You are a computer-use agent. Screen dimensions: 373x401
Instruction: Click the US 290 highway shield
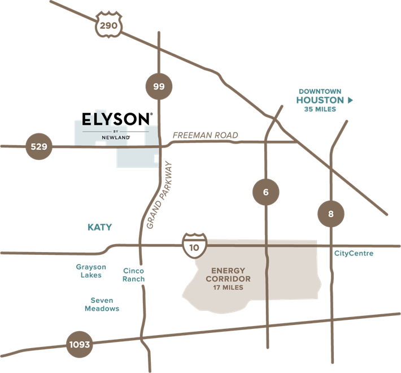point(107,25)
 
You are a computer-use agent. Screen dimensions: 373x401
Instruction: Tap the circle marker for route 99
point(159,86)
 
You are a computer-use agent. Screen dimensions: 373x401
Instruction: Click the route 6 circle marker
point(266,192)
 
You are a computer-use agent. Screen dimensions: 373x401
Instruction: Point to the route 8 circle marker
point(331,214)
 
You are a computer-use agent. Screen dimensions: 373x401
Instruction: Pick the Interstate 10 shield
point(194,244)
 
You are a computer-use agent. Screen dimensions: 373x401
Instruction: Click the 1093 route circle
point(79,344)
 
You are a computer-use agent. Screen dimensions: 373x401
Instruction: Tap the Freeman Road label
point(205,136)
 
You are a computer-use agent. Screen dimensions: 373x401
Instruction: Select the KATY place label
point(99,227)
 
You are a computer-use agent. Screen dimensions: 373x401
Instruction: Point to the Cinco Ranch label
point(134,275)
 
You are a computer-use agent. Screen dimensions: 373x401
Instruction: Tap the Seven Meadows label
point(102,305)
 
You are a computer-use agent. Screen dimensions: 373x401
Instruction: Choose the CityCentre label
point(354,253)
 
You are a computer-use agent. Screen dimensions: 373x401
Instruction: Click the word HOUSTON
point(320,100)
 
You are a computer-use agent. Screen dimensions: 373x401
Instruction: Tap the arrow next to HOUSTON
point(350,100)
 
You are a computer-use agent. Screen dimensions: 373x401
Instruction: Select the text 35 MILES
point(320,109)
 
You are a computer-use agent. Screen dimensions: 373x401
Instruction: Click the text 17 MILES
point(228,288)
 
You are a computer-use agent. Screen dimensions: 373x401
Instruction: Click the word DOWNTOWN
point(320,91)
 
